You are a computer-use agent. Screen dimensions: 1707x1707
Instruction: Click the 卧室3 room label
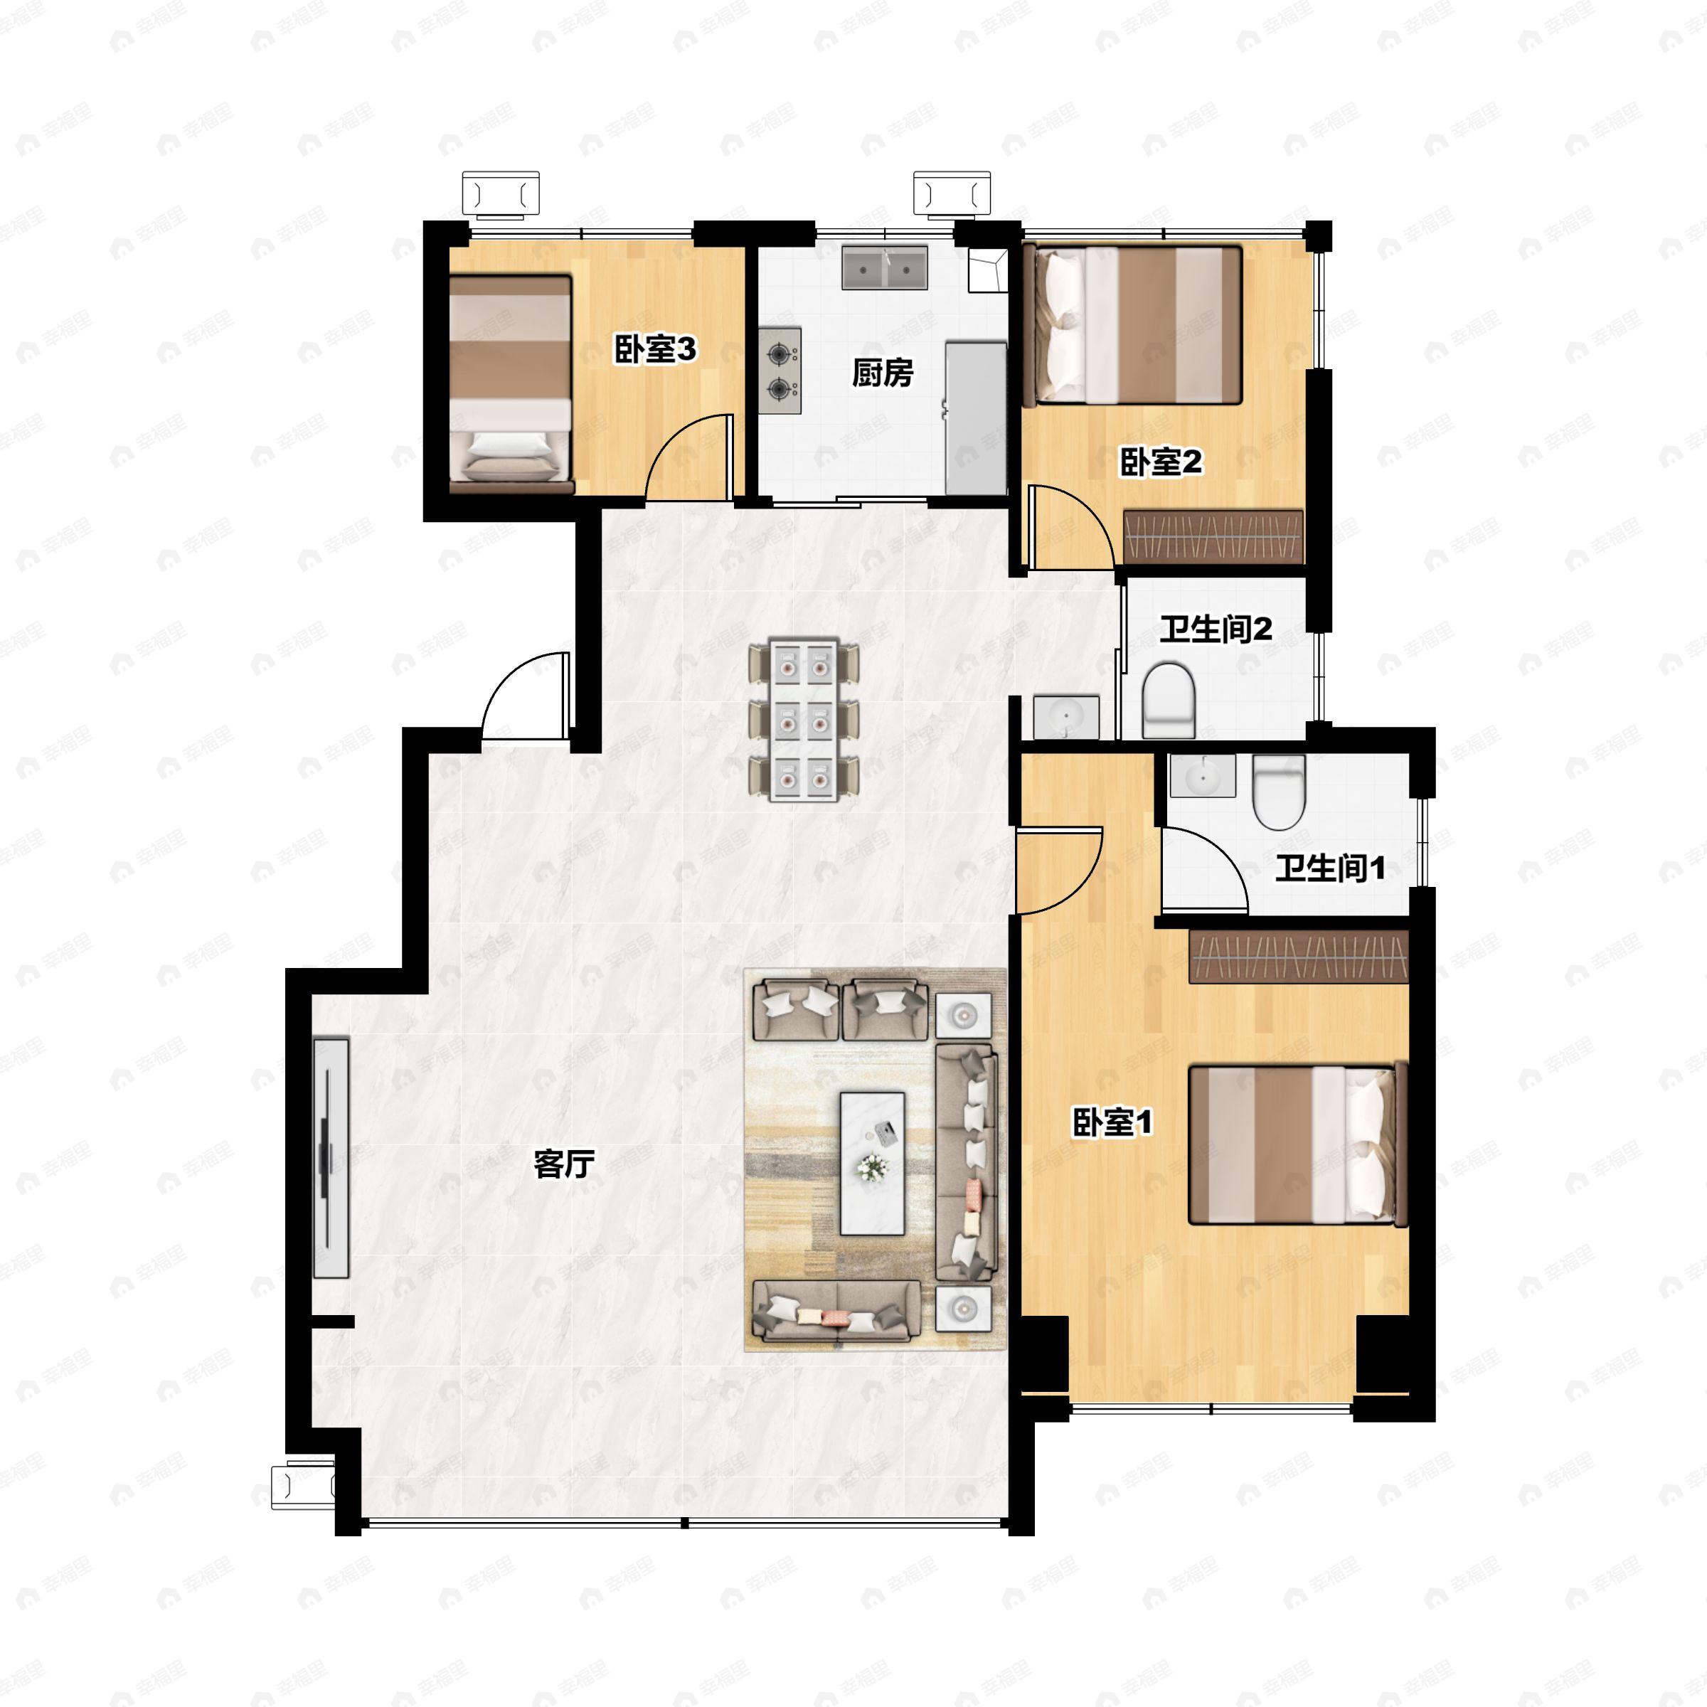(x=654, y=351)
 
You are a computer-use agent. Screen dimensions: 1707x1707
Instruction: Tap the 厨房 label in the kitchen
(x=882, y=373)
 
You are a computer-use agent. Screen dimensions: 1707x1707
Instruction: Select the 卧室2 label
(x=1161, y=462)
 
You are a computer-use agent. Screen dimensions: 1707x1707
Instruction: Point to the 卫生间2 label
(x=1216, y=630)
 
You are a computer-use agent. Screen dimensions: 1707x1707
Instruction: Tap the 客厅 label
(x=564, y=1164)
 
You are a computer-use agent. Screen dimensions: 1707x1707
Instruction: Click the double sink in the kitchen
(x=883, y=267)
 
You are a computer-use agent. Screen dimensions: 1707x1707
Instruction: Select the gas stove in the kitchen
(x=780, y=371)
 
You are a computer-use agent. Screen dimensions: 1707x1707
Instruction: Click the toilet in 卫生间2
(x=1168, y=700)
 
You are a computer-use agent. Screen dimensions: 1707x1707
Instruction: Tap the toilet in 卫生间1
(x=1279, y=792)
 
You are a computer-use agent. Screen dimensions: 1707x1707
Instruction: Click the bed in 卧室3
(x=511, y=383)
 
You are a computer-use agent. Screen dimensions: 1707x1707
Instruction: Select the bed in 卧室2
(x=1133, y=325)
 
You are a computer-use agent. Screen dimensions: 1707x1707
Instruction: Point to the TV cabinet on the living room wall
(x=331, y=1157)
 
